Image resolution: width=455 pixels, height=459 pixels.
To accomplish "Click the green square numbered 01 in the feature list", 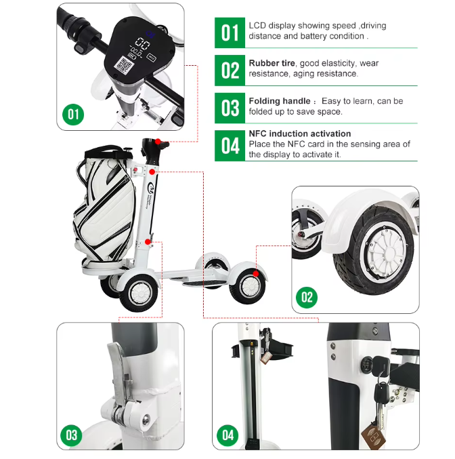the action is click(x=230, y=33).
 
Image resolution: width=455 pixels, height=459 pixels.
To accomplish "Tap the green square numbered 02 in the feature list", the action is click(x=230, y=71).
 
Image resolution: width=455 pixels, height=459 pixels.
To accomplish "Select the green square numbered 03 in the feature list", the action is click(x=230, y=108).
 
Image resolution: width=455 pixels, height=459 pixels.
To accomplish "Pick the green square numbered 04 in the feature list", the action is click(x=230, y=146).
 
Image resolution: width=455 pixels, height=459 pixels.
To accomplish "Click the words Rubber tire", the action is click(x=272, y=63).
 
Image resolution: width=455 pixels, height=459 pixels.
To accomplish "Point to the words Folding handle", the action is click(x=280, y=101).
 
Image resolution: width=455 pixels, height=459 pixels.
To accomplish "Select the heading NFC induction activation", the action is click(x=300, y=134).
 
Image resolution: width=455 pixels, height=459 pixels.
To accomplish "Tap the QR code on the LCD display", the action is click(x=125, y=65).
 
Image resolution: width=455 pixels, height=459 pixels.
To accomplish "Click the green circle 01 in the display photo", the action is click(x=73, y=115).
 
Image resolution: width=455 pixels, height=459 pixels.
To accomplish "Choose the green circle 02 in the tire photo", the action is click(x=307, y=298).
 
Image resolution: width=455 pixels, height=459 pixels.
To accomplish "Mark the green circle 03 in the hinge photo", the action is click(x=71, y=435).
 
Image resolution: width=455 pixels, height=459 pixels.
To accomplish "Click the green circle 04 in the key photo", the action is click(x=227, y=435).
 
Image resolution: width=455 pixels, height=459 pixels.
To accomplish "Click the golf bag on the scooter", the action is click(x=105, y=205).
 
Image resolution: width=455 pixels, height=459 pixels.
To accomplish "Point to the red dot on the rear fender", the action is click(x=256, y=274).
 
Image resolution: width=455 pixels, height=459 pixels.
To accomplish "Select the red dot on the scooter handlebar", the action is click(x=158, y=142).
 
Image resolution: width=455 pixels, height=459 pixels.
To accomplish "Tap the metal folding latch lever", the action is click(x=120, y=380).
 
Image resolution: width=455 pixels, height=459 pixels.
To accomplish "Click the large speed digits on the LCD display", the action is click(x=142, y=44).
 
